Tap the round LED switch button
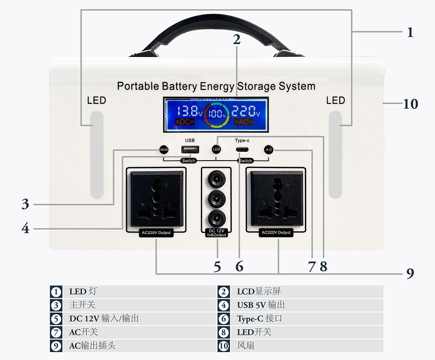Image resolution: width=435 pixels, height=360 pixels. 217,149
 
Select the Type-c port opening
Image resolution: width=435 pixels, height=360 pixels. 242,150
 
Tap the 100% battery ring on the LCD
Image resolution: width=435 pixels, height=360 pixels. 216,115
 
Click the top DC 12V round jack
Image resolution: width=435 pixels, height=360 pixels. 216,179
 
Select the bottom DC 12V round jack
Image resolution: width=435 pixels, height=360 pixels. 216,218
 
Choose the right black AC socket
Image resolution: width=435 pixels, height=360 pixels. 277,198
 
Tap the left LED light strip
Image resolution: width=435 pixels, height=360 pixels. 97,155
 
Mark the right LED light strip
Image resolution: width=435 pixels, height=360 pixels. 335,155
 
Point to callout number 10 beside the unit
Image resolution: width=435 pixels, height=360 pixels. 410,104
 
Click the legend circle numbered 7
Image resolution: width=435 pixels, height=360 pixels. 56,332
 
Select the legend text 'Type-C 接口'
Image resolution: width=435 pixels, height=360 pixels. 259,319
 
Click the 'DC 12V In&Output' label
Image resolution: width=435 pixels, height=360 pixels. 216,232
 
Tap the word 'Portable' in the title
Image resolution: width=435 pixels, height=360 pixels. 138,86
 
